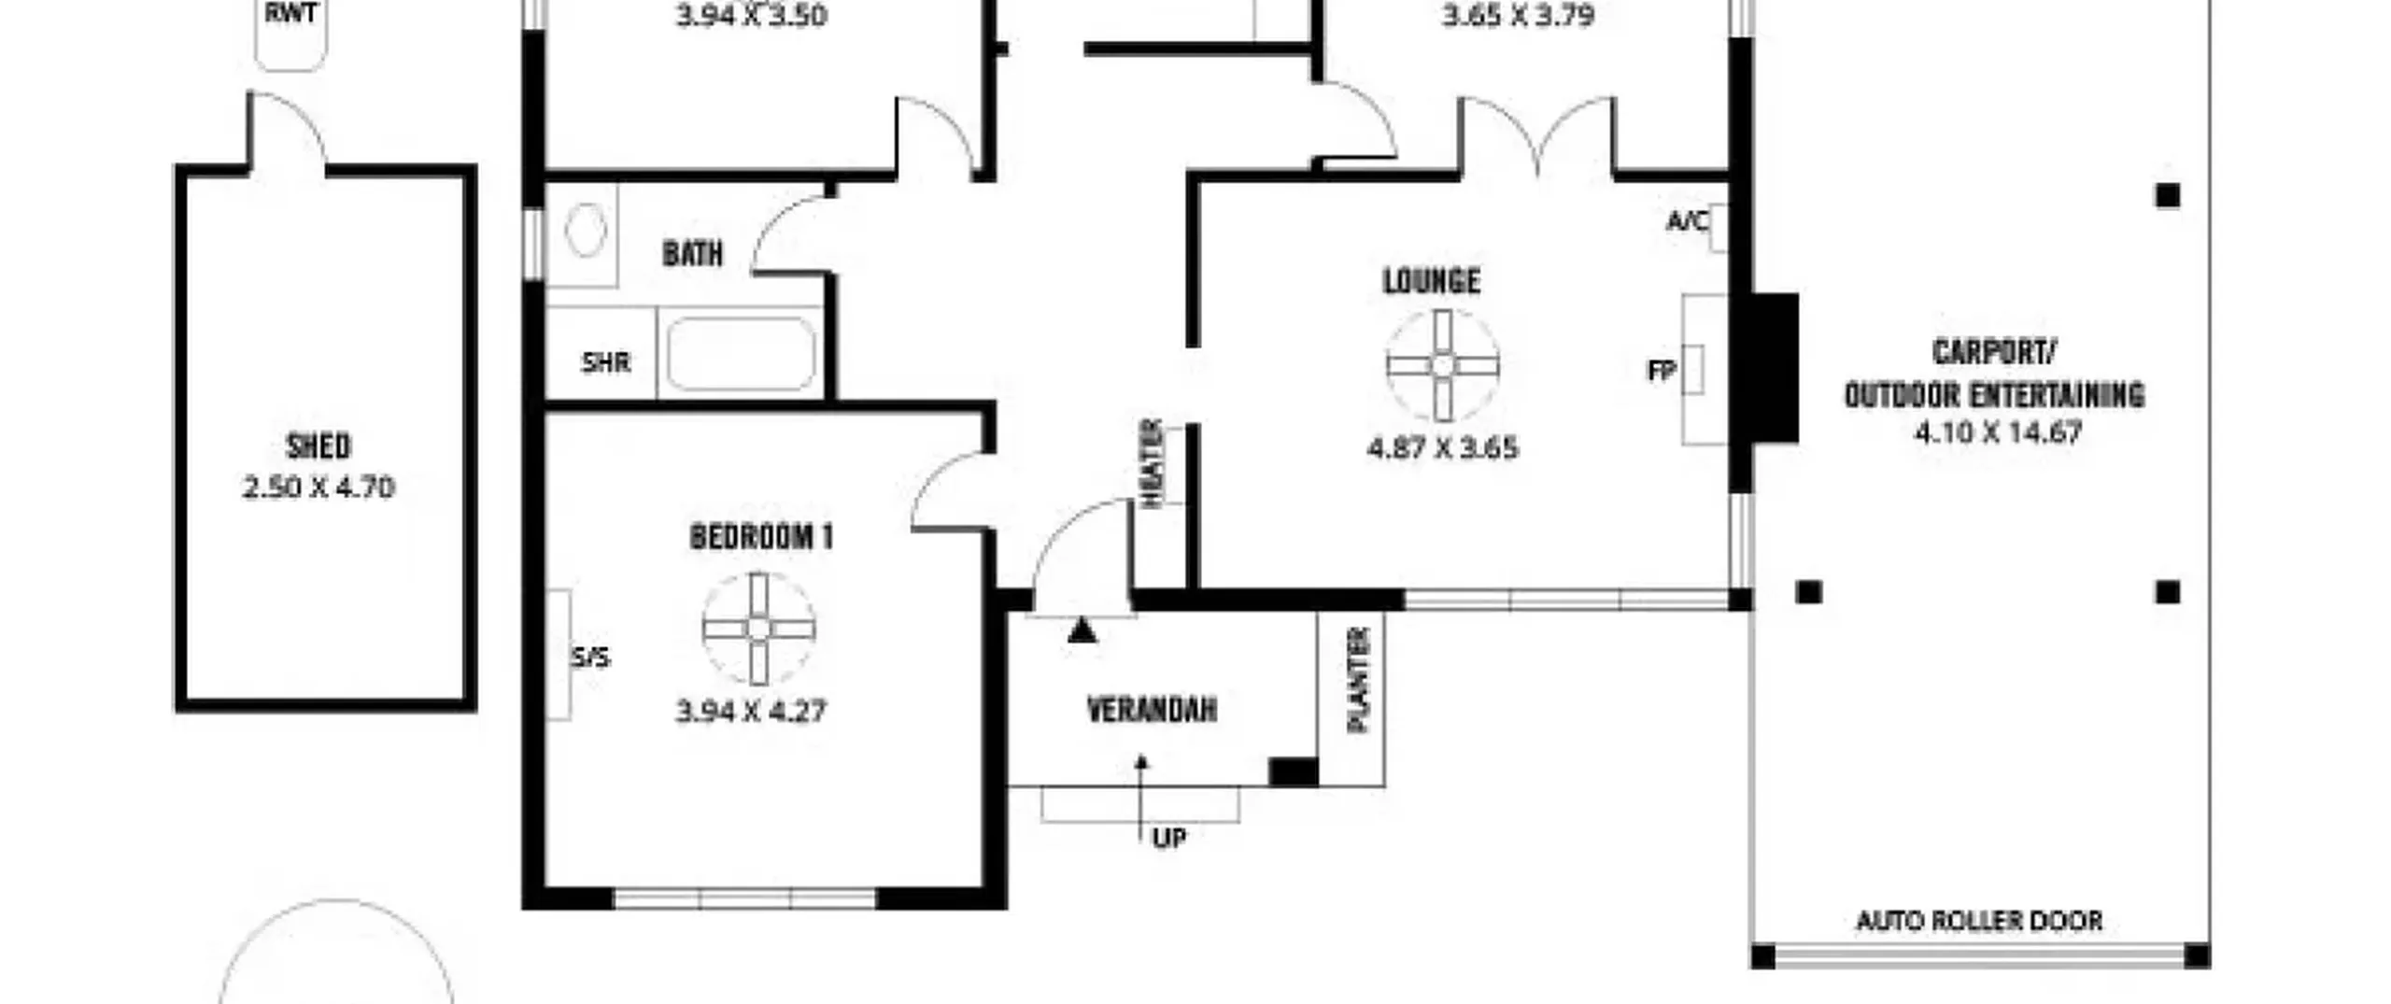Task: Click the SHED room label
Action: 318,446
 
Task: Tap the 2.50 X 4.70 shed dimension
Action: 318,488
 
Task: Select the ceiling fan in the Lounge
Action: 1443,365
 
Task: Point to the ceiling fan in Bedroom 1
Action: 758,629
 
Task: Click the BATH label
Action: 692,253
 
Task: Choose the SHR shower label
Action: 606,362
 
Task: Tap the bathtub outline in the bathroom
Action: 741,354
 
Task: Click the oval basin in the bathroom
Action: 586,230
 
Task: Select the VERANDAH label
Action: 1152,710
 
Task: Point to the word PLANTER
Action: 1359,679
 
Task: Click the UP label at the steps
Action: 1169,839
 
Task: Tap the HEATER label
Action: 1152,463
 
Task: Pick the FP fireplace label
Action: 1662,371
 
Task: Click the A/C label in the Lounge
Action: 1688,221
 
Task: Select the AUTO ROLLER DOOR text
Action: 1979,921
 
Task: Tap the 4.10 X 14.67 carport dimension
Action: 1998,433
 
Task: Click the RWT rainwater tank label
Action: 291,13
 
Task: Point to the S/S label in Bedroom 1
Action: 590,658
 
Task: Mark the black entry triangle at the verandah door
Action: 1082,631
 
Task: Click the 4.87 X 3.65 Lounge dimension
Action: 1443,448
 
